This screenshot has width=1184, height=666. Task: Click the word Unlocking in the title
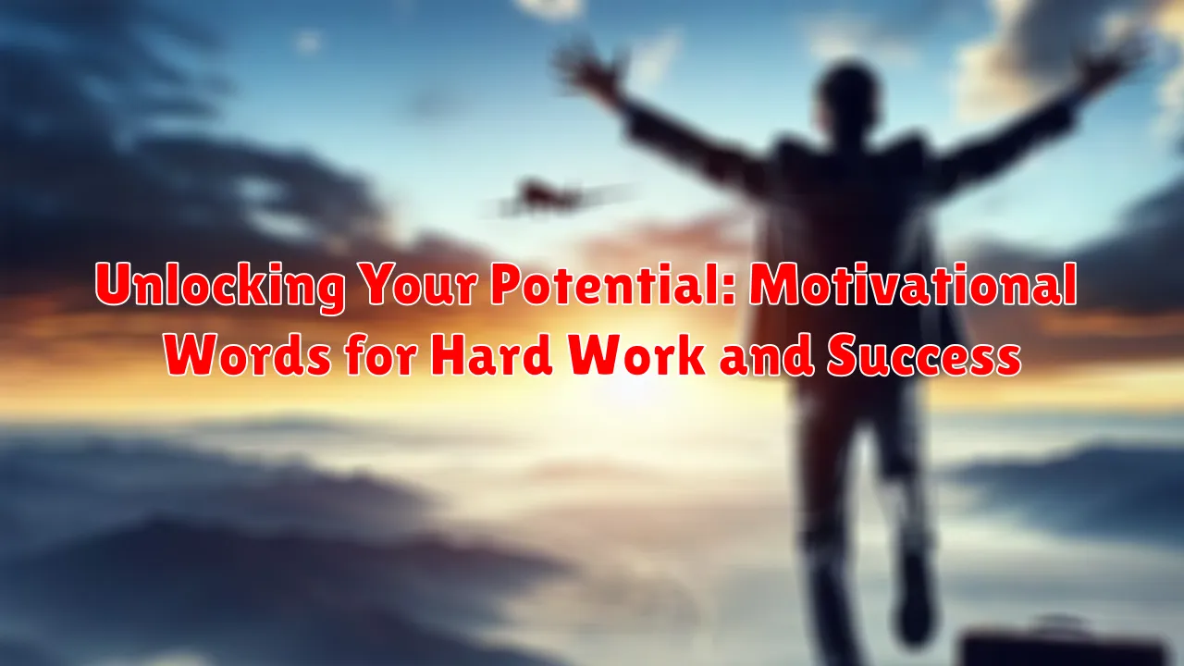(220, 289)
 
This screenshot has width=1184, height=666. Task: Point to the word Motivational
(914, 287)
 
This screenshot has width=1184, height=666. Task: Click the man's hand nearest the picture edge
(1115, 65)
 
